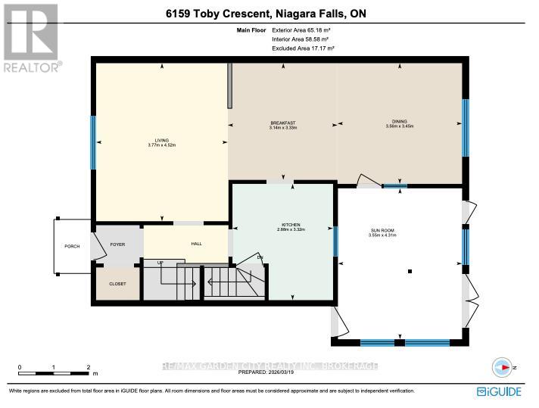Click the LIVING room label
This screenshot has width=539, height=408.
[x=161, y=140]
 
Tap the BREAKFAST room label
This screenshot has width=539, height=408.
[x=282, y=123]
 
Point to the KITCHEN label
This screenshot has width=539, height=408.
[x=291, y=225]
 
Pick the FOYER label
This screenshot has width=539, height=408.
[x=117, y=244]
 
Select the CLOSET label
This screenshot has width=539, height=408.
[x=117, y=283]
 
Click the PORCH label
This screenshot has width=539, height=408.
[x=71, y=246]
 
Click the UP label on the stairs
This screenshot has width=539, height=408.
[x=160, y=263]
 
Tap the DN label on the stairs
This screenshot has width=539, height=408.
[x=259, y=258]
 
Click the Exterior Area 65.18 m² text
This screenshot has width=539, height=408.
[x=303, y=30]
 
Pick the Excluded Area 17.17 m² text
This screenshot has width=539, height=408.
[x=303, y=48]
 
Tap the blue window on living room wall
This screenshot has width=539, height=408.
[x=93, y=142]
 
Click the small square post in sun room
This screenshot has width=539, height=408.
[x=410, y=271]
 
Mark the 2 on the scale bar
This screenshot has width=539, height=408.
[x=89, y=366]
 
